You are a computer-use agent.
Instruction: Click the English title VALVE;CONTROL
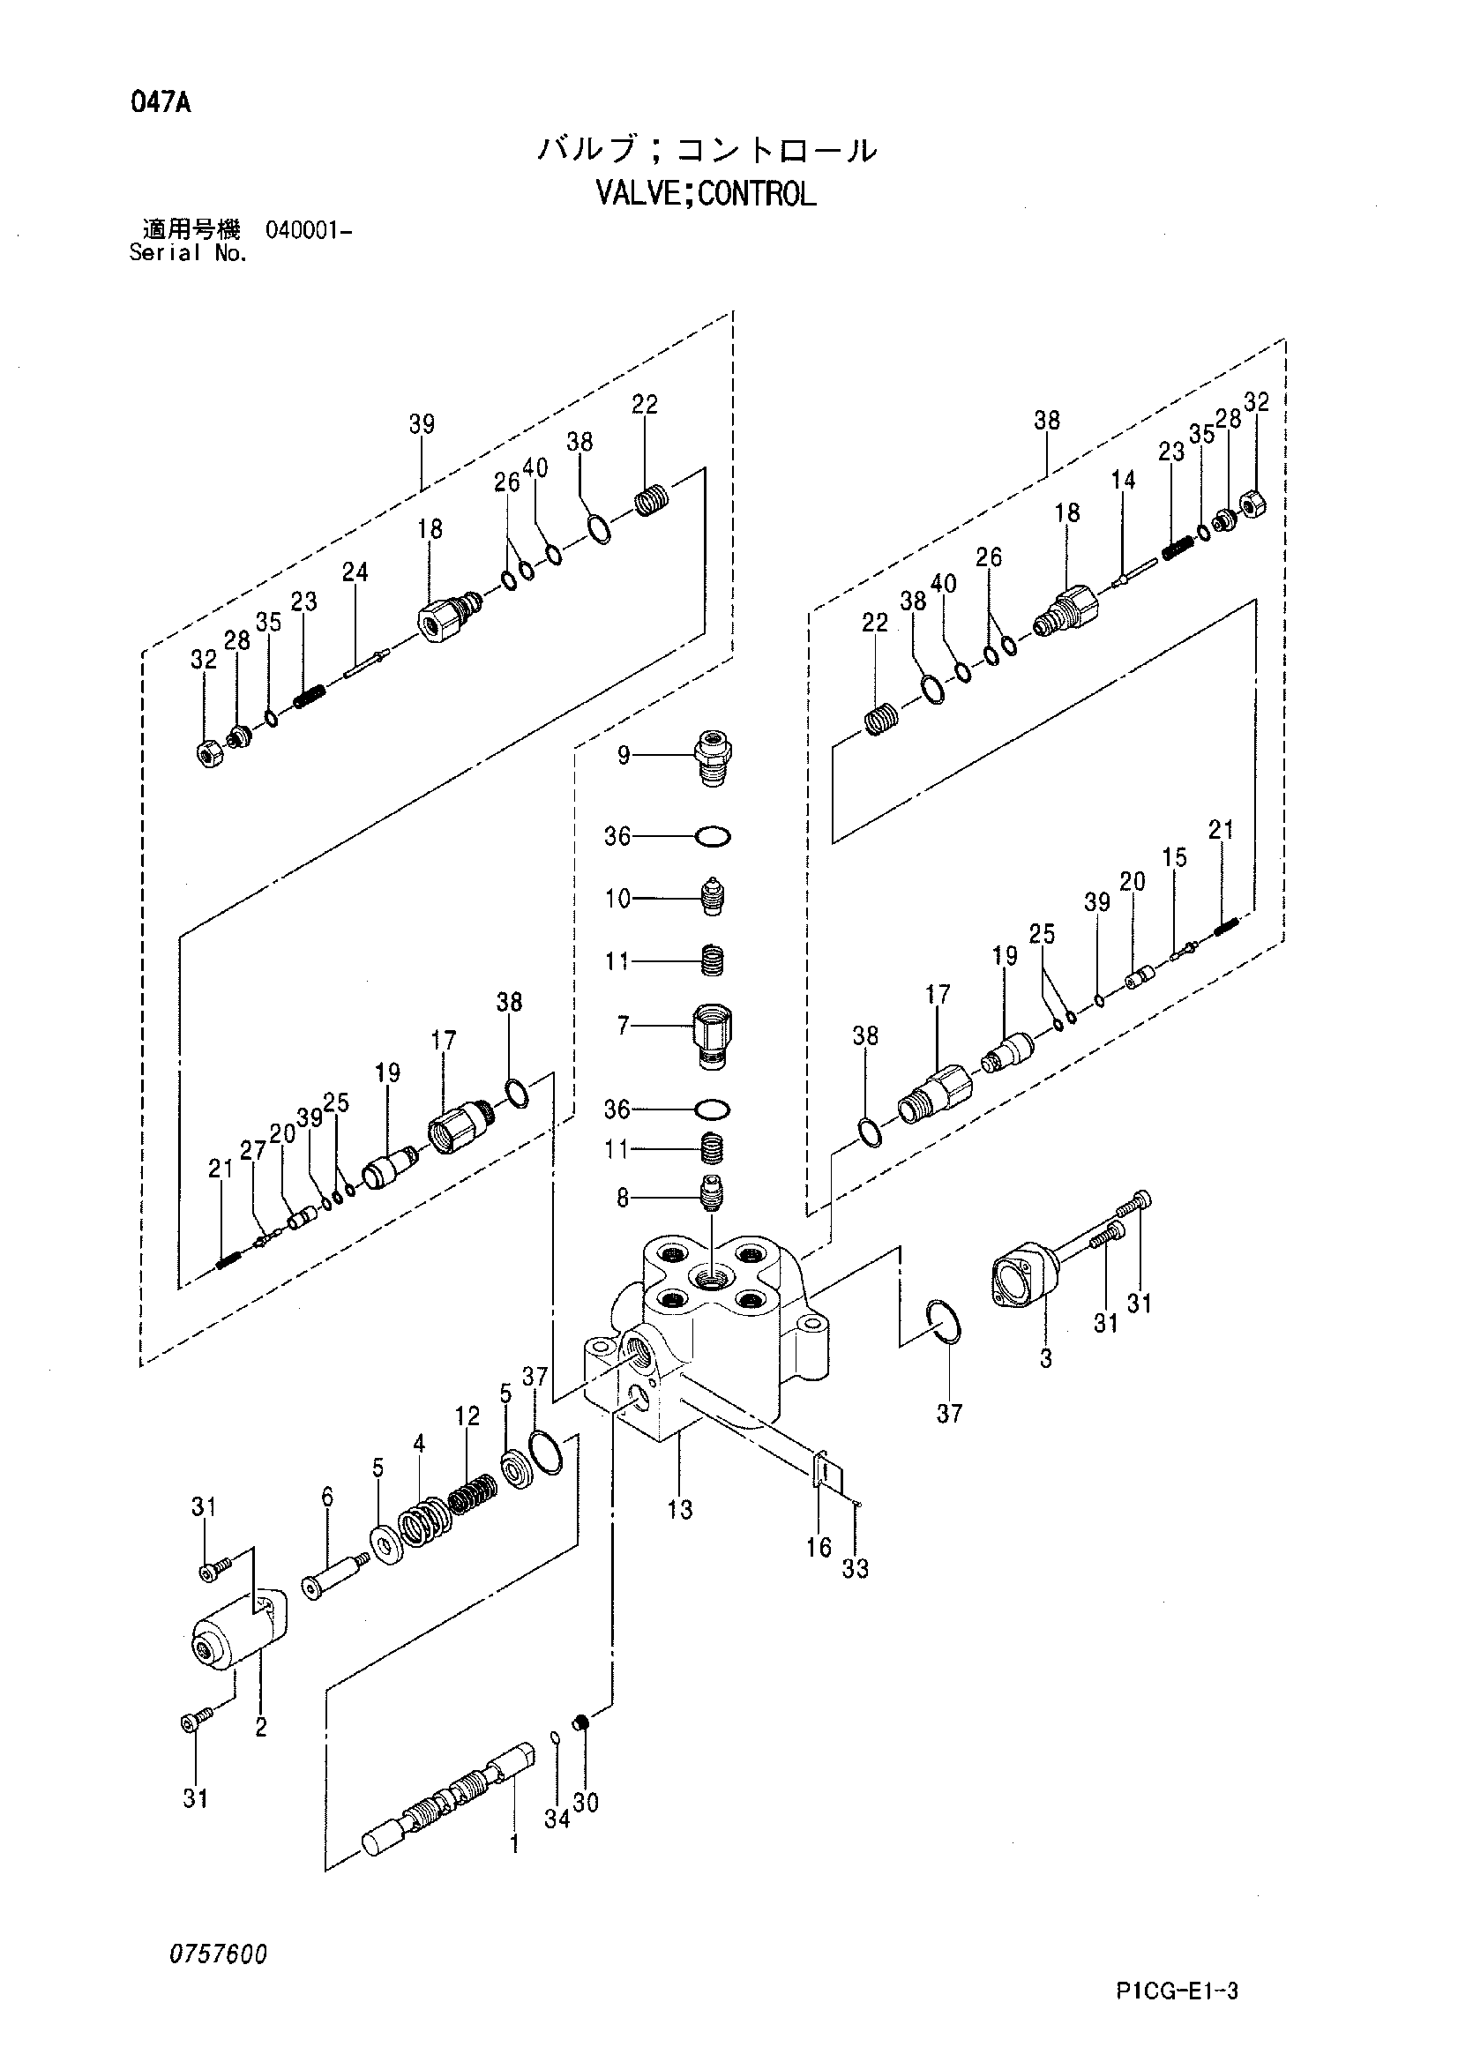(x=707, y=194)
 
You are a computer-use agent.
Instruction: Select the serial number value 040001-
(x=308, y=230)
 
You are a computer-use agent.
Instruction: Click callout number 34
(x=556, y=1819)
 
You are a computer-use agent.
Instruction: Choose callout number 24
(x=355, y=572)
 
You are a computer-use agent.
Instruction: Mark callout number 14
(x=1123, y=481)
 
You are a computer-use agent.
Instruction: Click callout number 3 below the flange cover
(x=1046, y=1360)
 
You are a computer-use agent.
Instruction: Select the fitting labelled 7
(x=714, y=1035)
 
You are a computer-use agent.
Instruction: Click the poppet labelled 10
(x=713, y=896)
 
